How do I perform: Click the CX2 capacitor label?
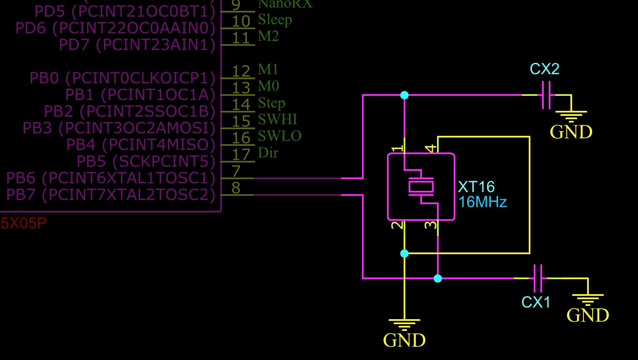click(544, 69)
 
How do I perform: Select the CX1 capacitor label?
click(536, 302)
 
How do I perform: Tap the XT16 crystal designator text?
click(476, 187)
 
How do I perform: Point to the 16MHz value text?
click(482, 202)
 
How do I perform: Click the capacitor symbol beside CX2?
click(546, 95)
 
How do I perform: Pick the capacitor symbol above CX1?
click(538, 278)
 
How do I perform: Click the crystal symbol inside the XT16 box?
click(421, 186)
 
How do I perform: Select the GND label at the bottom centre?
click(404, 340)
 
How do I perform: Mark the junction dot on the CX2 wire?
click(404, 95)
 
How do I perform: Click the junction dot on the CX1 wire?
click(437, 278)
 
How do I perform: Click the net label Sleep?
click(275, 20)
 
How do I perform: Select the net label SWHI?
click(277, 120)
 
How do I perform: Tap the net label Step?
click(271, 103)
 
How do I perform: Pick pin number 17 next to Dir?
click(241, 155)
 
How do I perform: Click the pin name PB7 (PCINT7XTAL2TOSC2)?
click(111, 195)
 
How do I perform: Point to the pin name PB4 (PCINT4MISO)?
click(141, 145)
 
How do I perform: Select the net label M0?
click(268, 86)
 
